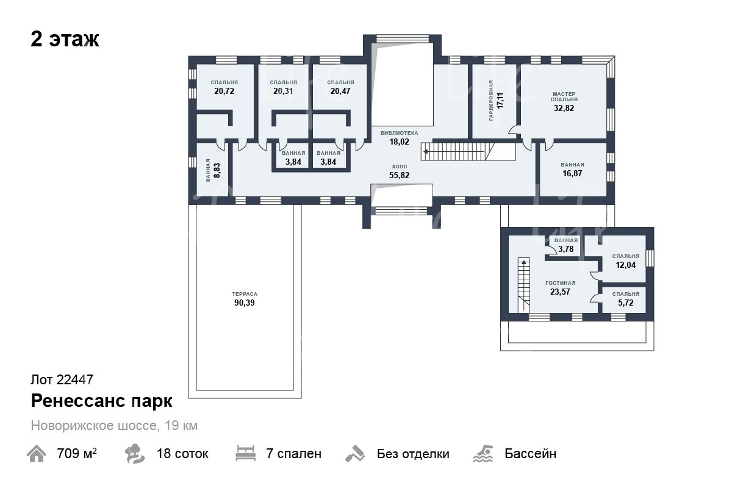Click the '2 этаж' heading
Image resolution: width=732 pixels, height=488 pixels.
click(65, 40)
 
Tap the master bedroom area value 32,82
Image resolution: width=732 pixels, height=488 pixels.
click(564, 108)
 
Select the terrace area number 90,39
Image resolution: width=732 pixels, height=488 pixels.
click(245, 303)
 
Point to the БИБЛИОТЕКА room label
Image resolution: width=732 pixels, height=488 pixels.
click(399, 133)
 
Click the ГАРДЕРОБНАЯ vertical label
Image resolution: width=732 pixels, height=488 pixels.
click(491, 101)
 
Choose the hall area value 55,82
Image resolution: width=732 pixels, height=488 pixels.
click(399, 175)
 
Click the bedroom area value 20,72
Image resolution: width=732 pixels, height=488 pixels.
click(224, 91)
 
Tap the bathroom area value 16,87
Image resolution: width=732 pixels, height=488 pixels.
click(572, 174)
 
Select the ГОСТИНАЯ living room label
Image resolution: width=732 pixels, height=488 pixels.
click(561, 283)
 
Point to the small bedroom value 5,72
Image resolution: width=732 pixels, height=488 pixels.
click(625, 303)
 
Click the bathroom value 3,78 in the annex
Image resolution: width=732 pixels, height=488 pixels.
click(565, 249)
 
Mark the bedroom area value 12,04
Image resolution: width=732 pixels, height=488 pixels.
click(625, 265)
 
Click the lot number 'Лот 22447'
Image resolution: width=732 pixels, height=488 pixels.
click(62, 380)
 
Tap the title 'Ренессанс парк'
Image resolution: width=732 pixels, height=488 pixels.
click(102, 401)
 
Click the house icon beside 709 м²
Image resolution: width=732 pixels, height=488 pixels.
click(36, 453)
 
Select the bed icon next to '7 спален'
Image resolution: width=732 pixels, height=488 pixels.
click(245, 453)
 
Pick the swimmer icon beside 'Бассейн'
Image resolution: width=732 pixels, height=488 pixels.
click(483, 454)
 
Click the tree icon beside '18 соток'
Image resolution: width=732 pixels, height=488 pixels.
click(134, 453)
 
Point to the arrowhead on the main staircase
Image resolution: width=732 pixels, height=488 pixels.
click(426, 152)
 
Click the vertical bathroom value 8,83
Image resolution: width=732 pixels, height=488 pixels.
click(217, 170)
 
